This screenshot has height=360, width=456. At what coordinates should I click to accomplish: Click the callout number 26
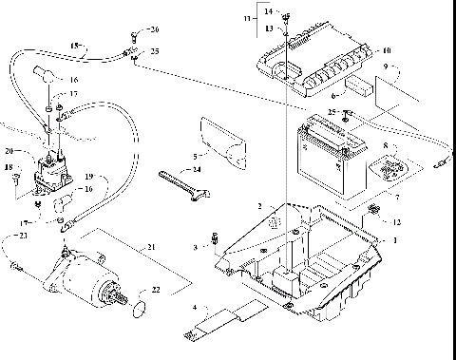[155, 30]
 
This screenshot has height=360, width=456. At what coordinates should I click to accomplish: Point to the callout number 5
[195, 155]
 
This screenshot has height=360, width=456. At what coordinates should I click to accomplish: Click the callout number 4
[194, 307]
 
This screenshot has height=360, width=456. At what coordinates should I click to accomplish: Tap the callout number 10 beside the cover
[386, 49]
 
